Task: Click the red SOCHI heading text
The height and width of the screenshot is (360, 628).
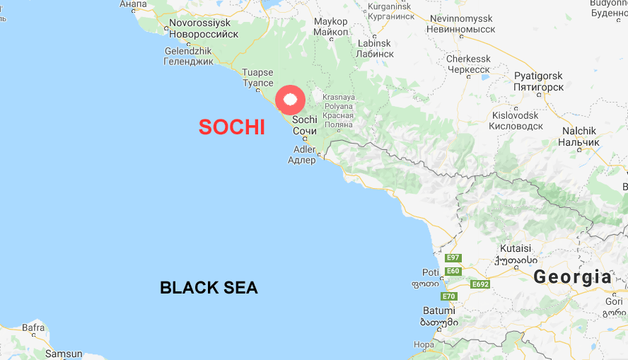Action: coord(232,127)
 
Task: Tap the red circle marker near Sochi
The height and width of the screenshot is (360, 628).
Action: coord(289,100)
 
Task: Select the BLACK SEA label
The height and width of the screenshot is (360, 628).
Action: coord(209,288)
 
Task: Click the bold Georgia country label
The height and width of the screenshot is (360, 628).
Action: coord(573,277)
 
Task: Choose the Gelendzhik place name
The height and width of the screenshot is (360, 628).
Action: coord(189,57)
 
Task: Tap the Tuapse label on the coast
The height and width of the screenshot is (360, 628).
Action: coord(257,78)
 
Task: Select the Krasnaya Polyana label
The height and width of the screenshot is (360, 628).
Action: coord(338,110)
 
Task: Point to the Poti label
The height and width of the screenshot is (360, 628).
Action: coord(430,277)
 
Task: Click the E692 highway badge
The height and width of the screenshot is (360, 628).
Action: coord(480,284)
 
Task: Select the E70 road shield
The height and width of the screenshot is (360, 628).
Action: coord(449,296)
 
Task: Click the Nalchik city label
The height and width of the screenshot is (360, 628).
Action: coord(581,137)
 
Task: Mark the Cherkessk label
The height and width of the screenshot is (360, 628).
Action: coord(468,64)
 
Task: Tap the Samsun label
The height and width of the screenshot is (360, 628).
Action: coord(64,354)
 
